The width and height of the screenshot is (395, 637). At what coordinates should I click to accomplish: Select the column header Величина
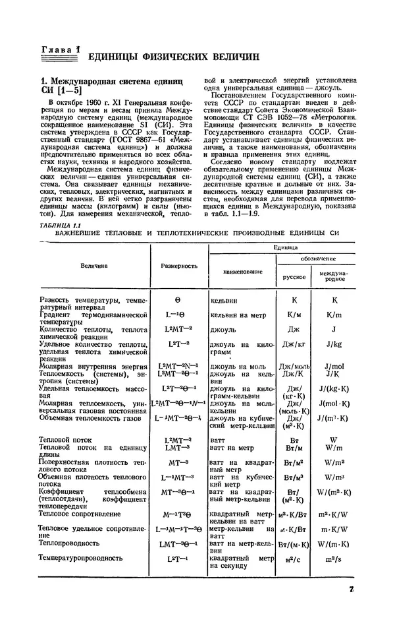95,265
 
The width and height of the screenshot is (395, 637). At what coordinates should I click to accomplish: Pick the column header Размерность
179,265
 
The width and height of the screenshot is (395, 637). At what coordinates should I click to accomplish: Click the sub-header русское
294,277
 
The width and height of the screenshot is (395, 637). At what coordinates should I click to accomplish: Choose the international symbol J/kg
333,344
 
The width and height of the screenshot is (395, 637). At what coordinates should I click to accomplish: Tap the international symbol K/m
333,315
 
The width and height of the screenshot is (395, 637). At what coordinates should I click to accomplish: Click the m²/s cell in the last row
333,559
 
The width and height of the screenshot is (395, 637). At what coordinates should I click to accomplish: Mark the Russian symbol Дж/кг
294,344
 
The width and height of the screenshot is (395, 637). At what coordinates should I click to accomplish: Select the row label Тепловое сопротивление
80,513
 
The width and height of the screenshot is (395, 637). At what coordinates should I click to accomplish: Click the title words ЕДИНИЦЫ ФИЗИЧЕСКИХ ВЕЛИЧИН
169,56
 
